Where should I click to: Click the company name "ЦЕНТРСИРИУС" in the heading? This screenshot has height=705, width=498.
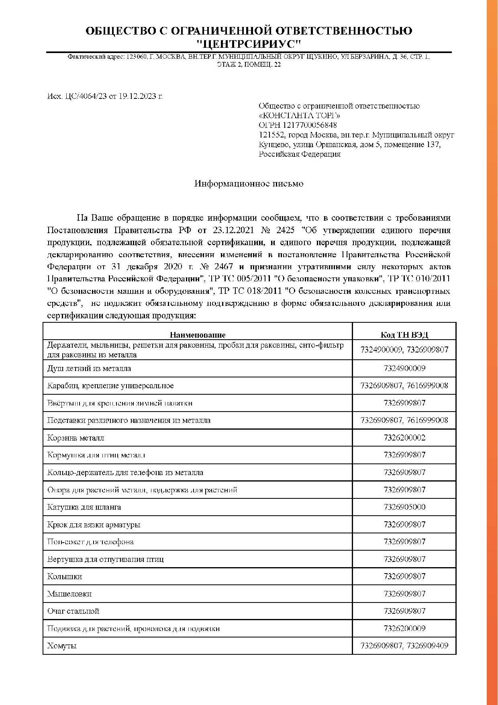[x=249, y=43]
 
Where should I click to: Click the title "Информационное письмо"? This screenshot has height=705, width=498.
[x=249, y=184]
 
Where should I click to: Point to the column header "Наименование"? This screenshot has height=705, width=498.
[x=198, y=335]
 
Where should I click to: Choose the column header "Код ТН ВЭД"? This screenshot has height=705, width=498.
[x=404, y=335]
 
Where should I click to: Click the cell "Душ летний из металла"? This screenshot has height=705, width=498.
[x=89, y=368]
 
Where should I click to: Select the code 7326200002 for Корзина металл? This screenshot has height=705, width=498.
[x=404, y=438]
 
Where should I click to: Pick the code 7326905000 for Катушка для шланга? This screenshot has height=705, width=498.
[x=404, y=507]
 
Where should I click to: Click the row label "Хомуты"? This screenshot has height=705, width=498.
[x=62, y=646]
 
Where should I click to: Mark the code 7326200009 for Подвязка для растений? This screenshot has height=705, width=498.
[x=404, y=628]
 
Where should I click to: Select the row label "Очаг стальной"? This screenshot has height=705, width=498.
[x=73, y=611]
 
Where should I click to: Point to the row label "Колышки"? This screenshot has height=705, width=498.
[x=65, y=576]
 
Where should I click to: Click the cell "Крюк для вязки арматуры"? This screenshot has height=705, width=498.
[x=94, y=525]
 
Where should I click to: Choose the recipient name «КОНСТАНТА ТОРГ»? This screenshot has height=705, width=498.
[x=300, y=115]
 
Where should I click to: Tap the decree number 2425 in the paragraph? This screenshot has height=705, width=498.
[x=286, y=230]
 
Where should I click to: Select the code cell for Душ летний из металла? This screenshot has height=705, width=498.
[x=404, y=368]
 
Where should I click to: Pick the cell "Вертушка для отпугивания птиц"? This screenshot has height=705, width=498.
[x=105, y=559]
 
